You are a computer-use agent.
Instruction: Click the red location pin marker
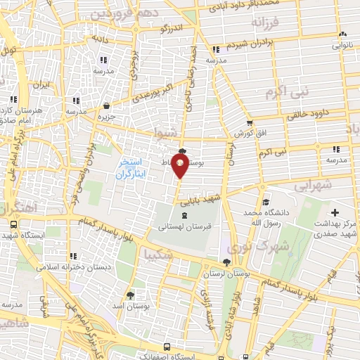(180, 167)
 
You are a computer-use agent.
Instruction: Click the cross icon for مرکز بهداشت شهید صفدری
(335, 212)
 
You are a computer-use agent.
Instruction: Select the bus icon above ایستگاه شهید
(14, 224)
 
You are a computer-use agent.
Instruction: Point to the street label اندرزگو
(174, 28)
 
